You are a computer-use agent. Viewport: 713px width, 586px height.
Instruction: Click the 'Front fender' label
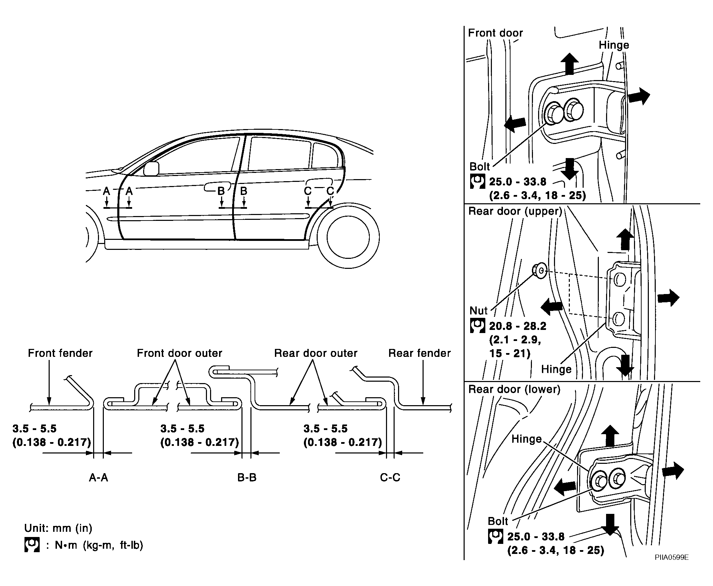60,353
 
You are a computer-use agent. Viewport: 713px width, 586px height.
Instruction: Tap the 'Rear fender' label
419,353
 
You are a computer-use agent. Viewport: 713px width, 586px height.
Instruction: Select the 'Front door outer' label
179,353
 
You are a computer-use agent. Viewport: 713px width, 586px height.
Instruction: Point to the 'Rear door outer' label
316,353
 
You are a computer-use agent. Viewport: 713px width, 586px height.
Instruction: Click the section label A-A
99,477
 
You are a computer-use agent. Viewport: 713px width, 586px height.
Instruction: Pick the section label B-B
247,477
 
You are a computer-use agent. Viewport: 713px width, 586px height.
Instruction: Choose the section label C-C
390,477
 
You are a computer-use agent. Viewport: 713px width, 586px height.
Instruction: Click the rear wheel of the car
348,237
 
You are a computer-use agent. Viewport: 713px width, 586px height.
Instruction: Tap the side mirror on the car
151,168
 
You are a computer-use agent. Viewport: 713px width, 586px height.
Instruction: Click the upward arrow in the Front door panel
569,64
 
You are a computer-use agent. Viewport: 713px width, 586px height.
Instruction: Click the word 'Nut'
479,311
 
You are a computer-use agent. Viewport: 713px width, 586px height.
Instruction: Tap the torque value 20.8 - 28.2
518,326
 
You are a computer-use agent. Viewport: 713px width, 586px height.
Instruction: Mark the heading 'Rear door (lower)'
514,389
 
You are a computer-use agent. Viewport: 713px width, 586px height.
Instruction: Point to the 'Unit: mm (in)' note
58,528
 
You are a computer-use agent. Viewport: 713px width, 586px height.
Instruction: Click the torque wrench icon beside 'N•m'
32,545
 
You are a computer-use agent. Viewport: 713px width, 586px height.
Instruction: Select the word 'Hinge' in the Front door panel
614,45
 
